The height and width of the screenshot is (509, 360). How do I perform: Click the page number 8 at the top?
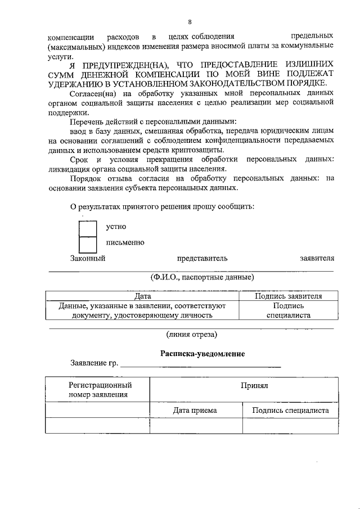pos(190,22)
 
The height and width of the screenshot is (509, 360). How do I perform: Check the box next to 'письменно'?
pos(88,244)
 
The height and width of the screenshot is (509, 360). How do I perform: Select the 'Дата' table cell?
pos(143,296)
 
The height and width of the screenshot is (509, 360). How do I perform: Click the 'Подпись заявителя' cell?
pos(288,296)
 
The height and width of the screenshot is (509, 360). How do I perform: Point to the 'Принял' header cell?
pos(254,388)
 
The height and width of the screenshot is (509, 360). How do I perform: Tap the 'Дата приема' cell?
pos(195,411)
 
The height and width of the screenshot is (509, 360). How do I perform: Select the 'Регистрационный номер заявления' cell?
pos(97,389)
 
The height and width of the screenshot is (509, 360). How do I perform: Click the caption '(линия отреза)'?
pos(191,334)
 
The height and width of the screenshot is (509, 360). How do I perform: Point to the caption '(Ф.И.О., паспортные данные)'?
pos(202,277)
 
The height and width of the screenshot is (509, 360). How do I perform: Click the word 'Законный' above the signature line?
pos(88,259)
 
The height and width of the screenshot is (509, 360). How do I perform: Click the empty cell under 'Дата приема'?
pos(195,426)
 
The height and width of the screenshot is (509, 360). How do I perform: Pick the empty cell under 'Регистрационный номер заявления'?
pos(97,426)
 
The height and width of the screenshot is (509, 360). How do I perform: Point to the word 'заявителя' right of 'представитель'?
pos(317,259)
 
